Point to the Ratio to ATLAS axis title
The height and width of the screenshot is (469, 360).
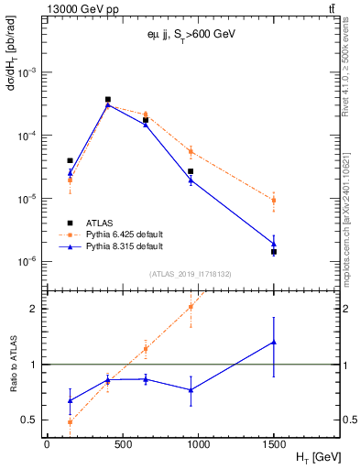(13, 365)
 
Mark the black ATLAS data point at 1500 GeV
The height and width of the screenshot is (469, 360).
(274, 252)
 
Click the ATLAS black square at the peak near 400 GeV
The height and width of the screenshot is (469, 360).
(107, 99)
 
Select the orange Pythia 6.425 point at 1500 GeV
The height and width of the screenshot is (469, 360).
(274, 200)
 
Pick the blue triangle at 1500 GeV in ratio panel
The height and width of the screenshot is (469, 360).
(274, 343)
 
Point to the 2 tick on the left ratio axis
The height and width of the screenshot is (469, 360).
(33, 308)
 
